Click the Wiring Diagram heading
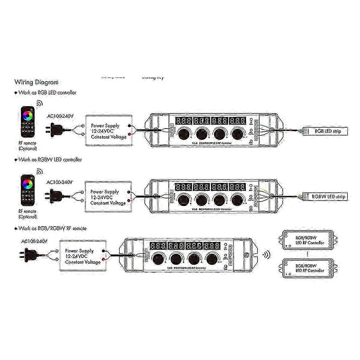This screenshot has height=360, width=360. (36, 82)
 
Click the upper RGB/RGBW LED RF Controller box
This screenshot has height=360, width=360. (306, 240)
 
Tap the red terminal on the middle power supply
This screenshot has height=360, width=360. (129, 200)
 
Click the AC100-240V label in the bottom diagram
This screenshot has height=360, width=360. (34, 241)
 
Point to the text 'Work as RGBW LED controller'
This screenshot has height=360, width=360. (50, 160)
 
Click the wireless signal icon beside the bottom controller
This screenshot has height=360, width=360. (266, 255)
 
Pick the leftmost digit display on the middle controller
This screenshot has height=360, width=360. (183, 187)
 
